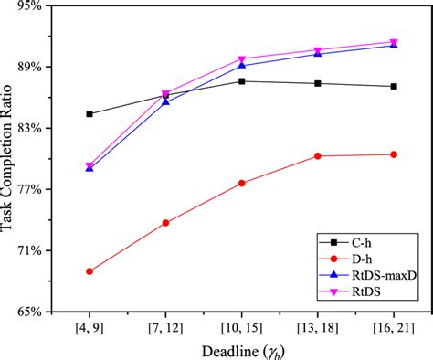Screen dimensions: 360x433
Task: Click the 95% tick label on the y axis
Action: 27,6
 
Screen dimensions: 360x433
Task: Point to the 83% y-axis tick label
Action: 27,129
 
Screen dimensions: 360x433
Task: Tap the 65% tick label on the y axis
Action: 27,312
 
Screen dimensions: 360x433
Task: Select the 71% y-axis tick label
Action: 27,251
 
